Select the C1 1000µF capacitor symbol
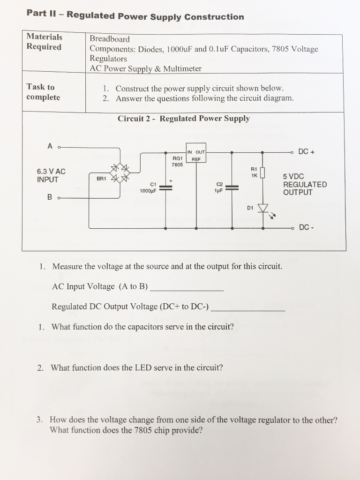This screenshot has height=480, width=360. (166, 188)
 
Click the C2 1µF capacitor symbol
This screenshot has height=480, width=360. (232, 188)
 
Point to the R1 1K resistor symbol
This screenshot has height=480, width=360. (262, 173)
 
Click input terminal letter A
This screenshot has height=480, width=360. (50, 146)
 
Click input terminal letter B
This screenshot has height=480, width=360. (50, 197)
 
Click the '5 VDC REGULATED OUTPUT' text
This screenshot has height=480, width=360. (305, 184)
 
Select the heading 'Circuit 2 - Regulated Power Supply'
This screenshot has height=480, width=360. (183, 119)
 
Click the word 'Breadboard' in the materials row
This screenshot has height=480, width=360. (109, 39)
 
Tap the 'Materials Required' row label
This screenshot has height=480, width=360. (44, 42)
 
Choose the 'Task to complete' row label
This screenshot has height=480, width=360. (43, 92)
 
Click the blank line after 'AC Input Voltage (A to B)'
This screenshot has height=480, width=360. (186, 289)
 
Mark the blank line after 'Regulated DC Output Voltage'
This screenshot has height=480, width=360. (248, 309)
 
